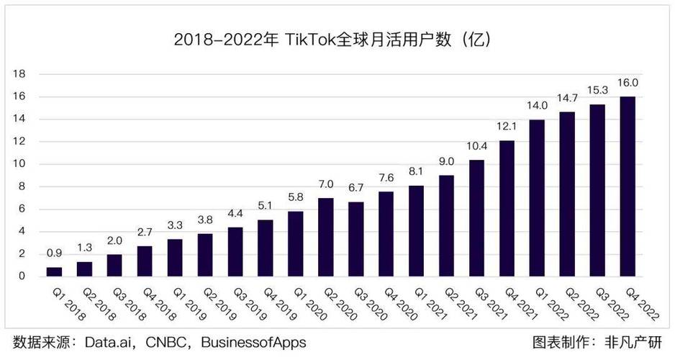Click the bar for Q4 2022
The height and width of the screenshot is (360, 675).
click(x=628, y=186)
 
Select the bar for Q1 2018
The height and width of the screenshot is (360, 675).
click(x=55, y=271)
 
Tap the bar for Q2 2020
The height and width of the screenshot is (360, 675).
click(x=326, y=237)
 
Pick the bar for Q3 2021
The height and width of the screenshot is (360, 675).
click(x=477, y=218)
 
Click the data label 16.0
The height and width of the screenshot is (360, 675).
click(x=628, y=82)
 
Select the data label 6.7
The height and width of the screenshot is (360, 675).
click(x=356, y=187)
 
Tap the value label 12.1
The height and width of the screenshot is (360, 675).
click(x=507, y=126)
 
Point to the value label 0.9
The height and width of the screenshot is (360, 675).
click(x=55, y=253)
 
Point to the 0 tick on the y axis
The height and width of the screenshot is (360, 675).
click(x=22, y=276)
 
